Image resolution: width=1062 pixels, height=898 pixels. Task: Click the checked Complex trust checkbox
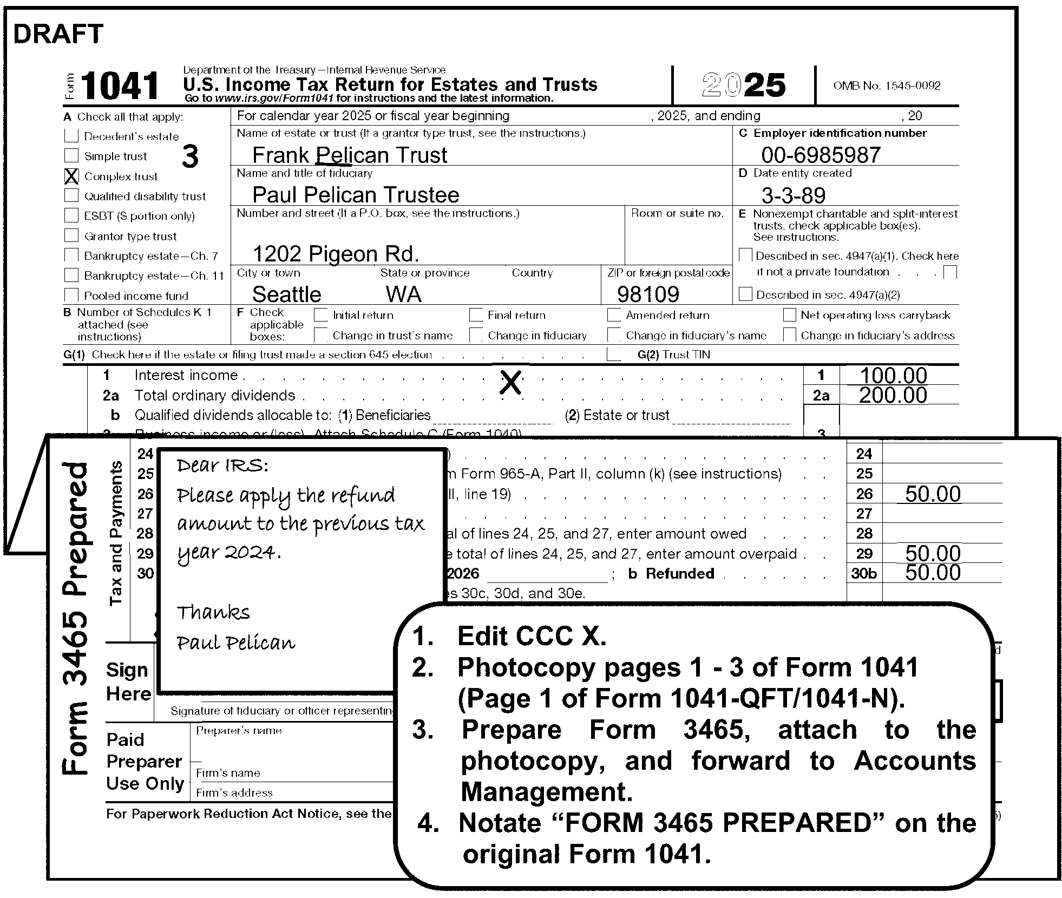click(71, 176)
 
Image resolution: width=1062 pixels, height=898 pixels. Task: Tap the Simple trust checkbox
click(71, 156)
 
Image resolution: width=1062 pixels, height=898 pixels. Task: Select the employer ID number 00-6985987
click(821, 155)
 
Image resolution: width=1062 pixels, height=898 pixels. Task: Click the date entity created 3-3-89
click(793, 195)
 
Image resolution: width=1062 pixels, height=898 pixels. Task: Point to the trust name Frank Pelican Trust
click(350, 155)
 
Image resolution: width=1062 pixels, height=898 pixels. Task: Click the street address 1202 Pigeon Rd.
click(336, 253)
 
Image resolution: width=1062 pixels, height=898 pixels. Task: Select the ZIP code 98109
click(648, 294)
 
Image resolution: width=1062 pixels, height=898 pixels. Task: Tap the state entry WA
click(403, 294)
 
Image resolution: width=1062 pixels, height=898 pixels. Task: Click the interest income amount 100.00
click(893, 375)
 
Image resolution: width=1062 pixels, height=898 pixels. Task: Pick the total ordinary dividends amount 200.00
click(893, 395)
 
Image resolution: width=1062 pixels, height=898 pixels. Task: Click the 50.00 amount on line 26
click(933, 494)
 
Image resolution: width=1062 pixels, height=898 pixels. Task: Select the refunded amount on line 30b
click(933, 573)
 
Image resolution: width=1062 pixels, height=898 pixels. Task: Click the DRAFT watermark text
click(58, 34)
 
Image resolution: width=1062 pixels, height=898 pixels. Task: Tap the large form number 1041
click(120, 86)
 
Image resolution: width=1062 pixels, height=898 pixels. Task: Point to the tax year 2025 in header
click(743, 86)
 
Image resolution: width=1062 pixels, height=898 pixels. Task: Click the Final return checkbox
click(476, 315)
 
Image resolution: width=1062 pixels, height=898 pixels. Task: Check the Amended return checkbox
click(614, 315)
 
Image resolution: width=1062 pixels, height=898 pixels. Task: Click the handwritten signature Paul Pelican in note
click(236, 643)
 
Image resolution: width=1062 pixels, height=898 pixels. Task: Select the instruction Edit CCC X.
click(532, 636)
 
